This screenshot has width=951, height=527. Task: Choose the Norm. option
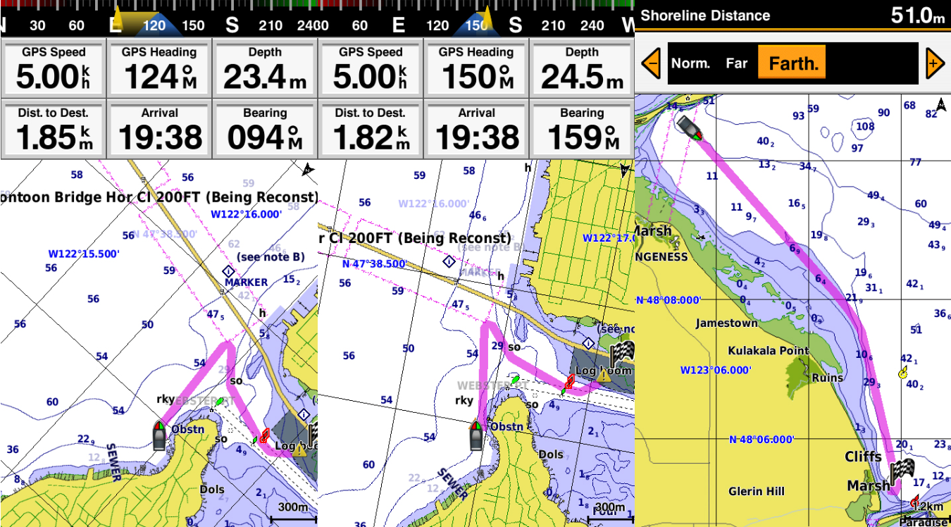[690, 63]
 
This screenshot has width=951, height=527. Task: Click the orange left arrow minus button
[651, 63]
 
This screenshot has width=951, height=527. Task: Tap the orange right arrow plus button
[934, 63]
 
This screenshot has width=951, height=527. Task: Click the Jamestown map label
[726, 323]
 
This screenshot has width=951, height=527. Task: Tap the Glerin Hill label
[757, 491]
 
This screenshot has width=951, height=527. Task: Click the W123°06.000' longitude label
[716, 370]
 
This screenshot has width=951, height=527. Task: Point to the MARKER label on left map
[246, 283]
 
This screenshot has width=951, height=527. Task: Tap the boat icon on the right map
[687, 128]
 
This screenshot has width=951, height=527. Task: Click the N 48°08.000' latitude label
[669, 300]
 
